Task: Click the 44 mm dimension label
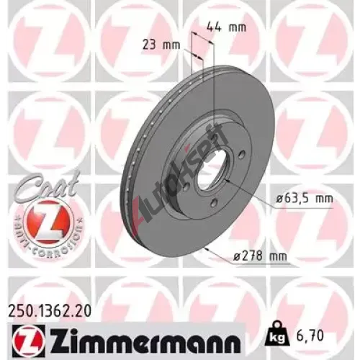point(227,27)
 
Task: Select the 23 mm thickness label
point(161,45)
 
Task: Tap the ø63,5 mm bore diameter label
point(305,199)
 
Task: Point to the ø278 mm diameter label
point(260,256)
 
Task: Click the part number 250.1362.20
point(50,311)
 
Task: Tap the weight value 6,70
point(310,336)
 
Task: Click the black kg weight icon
point(278,333)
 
